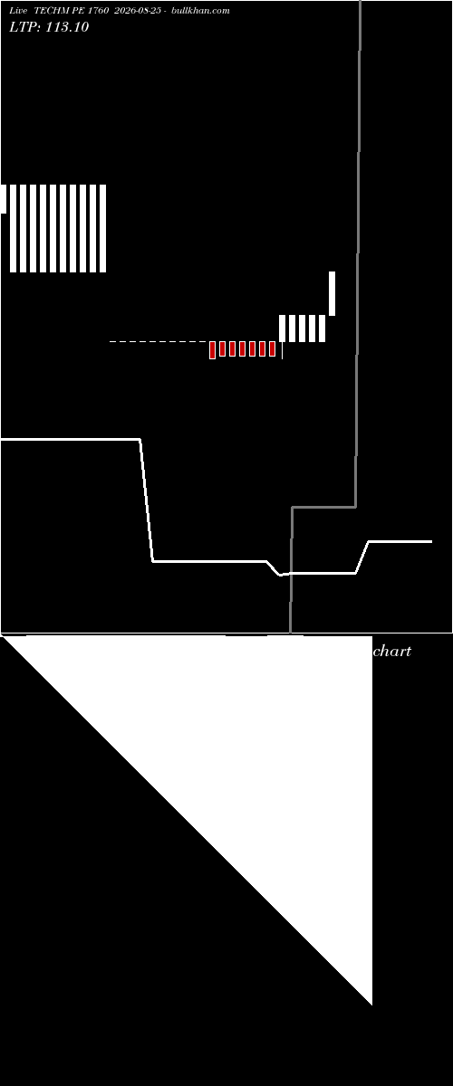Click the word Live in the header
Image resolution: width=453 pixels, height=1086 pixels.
coord(18,11)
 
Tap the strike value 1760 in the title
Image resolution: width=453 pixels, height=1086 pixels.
coord(98,11)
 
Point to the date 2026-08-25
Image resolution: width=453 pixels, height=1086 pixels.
coord(138,11)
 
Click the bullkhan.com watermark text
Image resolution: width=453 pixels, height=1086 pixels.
coord(200,11)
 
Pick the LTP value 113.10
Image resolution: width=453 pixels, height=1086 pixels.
coord(67,26)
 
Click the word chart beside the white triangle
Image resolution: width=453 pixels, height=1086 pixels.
coord(391,651)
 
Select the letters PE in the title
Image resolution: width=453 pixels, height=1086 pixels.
coord(79,11)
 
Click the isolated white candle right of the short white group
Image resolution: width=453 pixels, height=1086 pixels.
coord(333,293)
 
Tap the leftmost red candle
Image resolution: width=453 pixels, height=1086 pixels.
coord(212,350)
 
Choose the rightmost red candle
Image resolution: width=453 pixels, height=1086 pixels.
coord(272,348)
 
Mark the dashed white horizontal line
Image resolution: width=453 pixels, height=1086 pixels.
coord(159,342)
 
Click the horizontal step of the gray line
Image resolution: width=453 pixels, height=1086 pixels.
coord(323,507)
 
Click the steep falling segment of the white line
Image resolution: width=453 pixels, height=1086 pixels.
coord(147,500)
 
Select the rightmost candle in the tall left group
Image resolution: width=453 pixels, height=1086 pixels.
coord(103,228)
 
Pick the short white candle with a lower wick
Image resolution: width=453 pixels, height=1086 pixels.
coord(282,329)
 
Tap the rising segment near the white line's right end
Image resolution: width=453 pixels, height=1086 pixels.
coord(362,557)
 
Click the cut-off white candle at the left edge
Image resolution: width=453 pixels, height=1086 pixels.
coord(4,199)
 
